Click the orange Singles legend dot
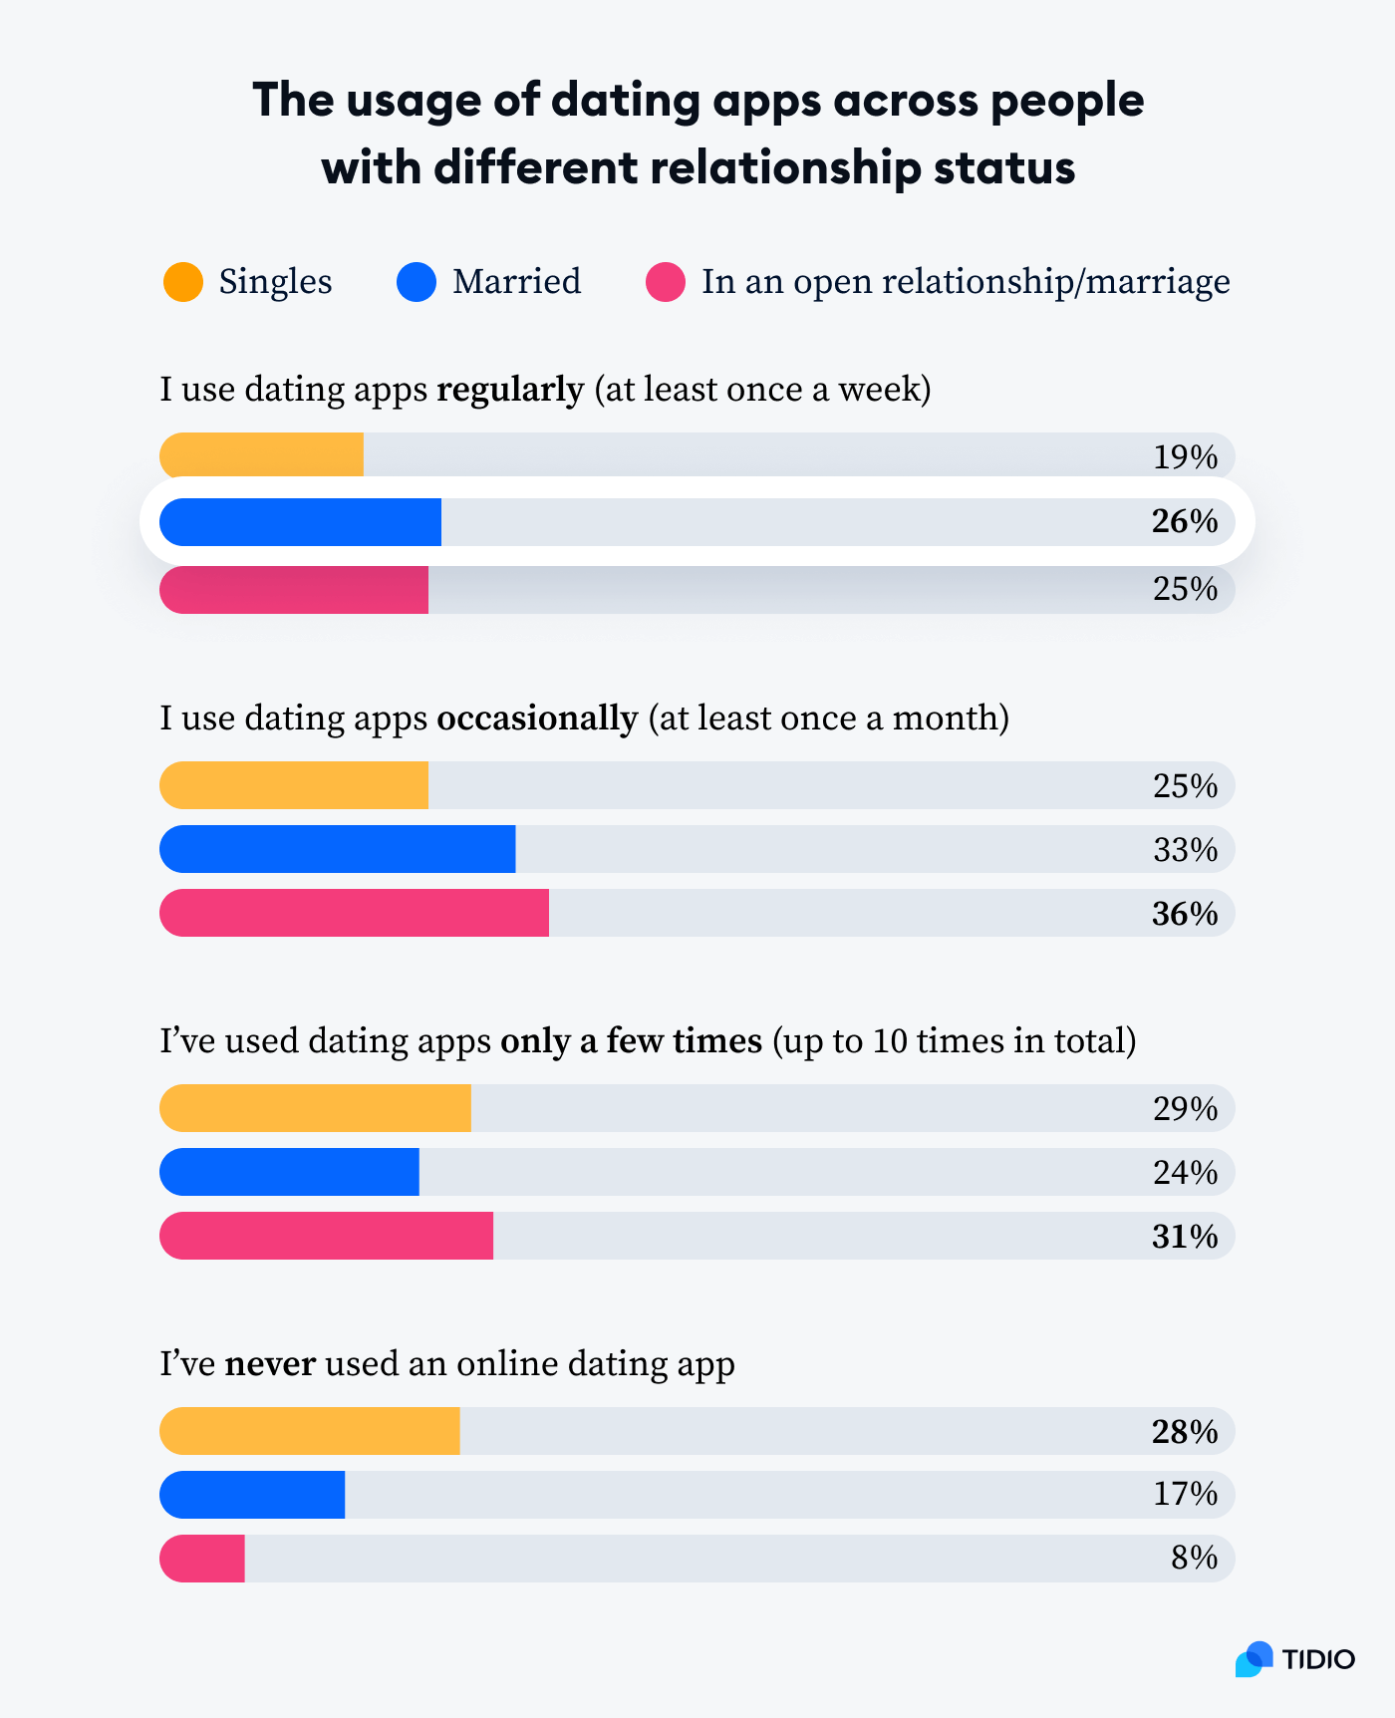coord(183,282)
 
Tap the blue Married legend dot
coord(417,282)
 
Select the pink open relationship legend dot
coord(666,282)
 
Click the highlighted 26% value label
coord(1185,521)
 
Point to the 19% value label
coord(1185,457)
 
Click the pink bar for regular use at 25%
coord(294,590)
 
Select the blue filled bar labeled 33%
coord(337,849)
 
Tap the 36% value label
coord(1185,914)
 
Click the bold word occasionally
coord(537,717)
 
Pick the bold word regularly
coord(509,389)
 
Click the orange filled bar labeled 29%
coord(315,1108)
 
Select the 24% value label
coord(1185,1173)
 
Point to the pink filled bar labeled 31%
coord(326,1236)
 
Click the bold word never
coord(270,1363)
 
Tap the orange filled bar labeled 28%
coord(309,1431)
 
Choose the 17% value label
coord(1185,1494)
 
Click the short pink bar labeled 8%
coord(202,1559)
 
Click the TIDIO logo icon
coord(1255,1659)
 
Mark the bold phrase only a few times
coord(631,1041)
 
